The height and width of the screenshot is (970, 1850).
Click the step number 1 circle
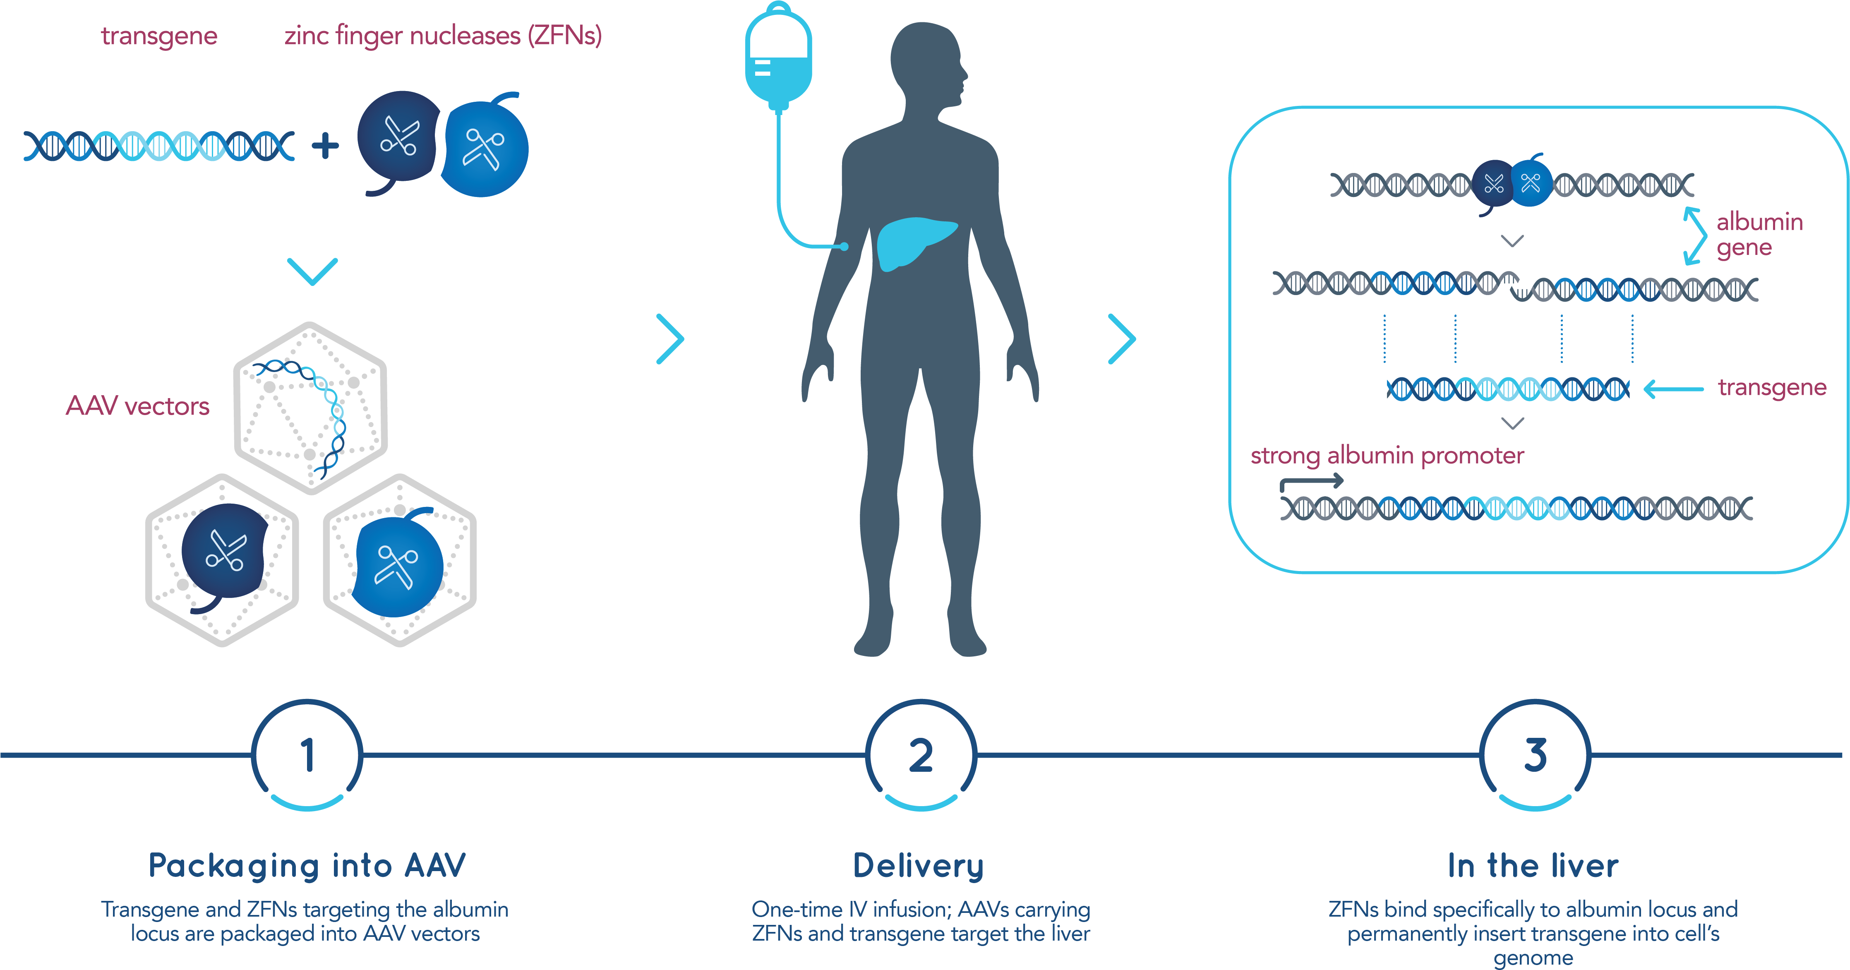click(307, 755)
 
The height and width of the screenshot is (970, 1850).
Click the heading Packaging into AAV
click(307, 865)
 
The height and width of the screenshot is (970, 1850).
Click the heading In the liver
click(1533, 866)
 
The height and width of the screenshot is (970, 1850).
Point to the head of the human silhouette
click(926, 65)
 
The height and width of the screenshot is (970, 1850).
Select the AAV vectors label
click(137, 406)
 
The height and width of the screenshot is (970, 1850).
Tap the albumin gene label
click(1759, 234)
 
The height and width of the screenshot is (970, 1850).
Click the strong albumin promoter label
click(1387, 455)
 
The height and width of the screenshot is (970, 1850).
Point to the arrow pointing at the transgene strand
click(1673, 389)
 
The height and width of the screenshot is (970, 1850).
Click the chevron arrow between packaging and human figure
click(671, 339)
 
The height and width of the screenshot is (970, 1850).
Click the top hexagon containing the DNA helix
click(310, 408)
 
